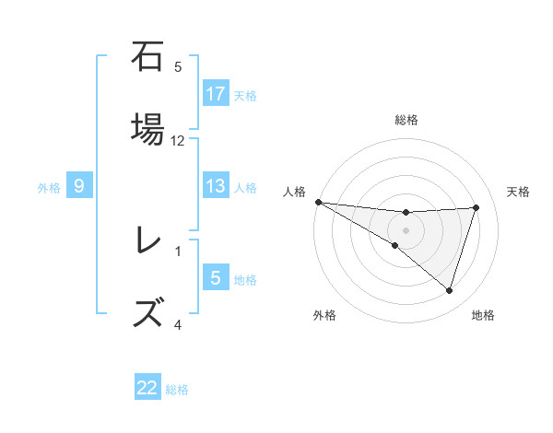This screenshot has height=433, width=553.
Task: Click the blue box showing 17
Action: [x=215, y=94]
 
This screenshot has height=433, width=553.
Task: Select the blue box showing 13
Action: [x=215, y=186]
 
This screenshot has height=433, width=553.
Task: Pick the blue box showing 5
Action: [x=215, y=278]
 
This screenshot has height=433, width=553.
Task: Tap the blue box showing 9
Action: [x=79, y=187]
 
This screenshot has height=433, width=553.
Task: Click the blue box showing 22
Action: [x=147, y=389]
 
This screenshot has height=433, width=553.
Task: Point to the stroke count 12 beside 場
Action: [x=178, y=141]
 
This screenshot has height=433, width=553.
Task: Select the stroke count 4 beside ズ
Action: [x=178, y=325]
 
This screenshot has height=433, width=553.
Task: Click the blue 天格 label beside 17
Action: [x=245, y=95]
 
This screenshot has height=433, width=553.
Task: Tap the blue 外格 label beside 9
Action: [x=49, y=188]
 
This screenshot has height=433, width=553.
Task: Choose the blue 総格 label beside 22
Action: [x=177, y=390]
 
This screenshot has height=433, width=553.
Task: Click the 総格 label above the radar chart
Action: [x=406, y=121]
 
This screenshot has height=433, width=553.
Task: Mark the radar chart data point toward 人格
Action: [x=318, y=201]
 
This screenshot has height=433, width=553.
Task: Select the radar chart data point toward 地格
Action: [x=449, y=291]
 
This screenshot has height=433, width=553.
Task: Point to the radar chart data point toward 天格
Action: [x=476, y=207]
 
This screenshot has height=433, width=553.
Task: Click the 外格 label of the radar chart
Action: [x=324, y=315]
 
